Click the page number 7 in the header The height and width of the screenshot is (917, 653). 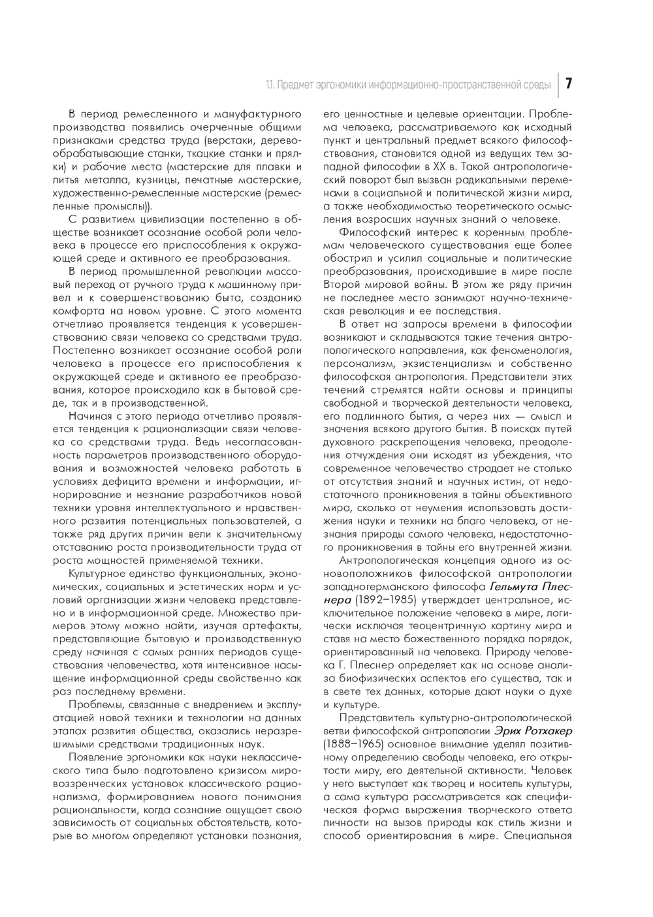tap(568, 84)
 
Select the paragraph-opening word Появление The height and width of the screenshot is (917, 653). tap(96, 757)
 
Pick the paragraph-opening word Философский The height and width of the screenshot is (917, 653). tap(374, 233)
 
